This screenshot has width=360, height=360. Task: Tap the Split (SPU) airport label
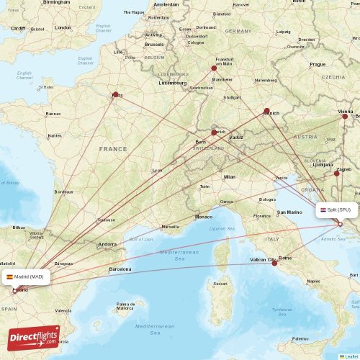[336, 210]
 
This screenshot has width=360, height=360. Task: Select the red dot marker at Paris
[115, 94]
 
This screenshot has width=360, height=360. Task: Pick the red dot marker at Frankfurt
[214, 68]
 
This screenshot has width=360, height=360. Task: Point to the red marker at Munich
[267, 112]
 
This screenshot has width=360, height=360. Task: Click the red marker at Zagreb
[336, 172]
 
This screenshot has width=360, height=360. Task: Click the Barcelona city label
[120, 269]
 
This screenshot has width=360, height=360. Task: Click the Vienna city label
[346, 112]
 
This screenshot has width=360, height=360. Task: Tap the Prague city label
[318, 64]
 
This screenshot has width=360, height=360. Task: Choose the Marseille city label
[171, 227]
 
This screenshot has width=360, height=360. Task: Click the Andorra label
[107, 244]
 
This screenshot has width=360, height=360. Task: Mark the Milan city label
[229, 176]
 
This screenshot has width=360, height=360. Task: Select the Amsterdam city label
[166, 4]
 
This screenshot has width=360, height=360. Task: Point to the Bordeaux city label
[63, 192]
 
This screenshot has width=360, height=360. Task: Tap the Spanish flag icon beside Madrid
[9, 276]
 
